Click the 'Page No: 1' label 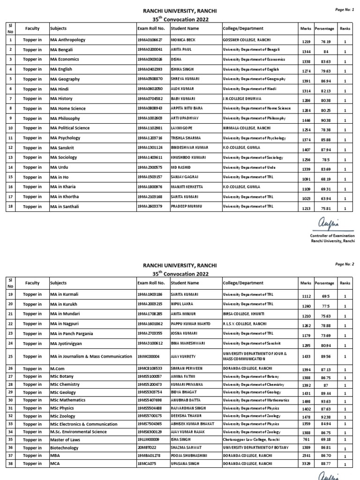[x=345, y=9]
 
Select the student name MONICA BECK [x=183, y=40]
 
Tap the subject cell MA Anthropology [x=68, y=40]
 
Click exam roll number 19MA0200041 [x=150, y=50]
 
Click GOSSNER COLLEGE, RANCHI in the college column [x=247, y=40]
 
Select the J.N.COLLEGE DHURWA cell [x=242, y=99]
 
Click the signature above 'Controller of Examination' [x=329, y=223]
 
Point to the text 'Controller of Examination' [x=333, y=235]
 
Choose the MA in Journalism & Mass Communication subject [x=91, y=357]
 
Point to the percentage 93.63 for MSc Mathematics [x=325, y=401]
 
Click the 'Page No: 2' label [x=345, y=264]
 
